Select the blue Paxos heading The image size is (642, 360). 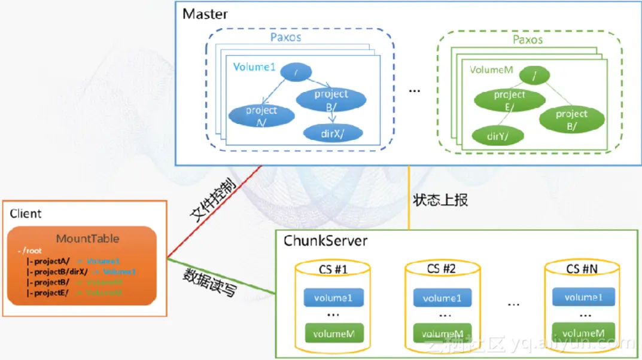286,38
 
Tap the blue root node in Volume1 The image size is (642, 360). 297,72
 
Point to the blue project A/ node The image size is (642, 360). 261,114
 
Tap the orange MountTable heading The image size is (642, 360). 87,239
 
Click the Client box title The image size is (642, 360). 26,213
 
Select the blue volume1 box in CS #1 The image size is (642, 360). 334,297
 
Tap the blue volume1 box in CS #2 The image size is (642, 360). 442,298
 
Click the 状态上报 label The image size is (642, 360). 440,200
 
